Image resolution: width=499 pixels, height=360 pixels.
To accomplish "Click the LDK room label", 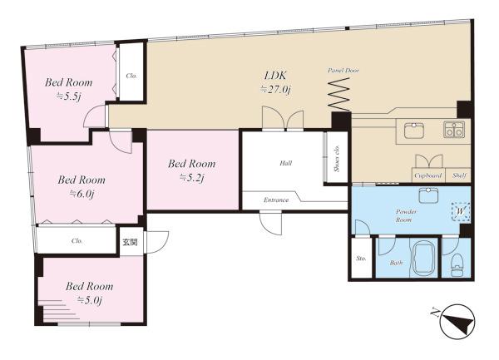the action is (275, 76).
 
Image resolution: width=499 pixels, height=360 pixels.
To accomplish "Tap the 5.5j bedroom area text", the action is (70, 96).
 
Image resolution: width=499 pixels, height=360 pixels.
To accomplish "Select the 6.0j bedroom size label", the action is (82, 194).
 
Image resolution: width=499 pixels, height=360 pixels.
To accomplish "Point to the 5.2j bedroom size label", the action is (191, 177).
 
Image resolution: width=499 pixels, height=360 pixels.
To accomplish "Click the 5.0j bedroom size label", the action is (90, 300).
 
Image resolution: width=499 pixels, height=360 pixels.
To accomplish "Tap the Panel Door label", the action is (343, 71).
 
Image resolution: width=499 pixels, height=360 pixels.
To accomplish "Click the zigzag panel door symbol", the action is (339, 94).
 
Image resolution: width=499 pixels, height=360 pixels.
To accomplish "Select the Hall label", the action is (286, 163).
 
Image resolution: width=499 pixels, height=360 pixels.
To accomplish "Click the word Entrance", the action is (276, 200).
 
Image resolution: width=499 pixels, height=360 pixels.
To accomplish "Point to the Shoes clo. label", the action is (337, 158).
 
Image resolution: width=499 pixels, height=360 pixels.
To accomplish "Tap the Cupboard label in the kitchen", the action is (428, 175).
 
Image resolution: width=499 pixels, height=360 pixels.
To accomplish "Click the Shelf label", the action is (460, 175).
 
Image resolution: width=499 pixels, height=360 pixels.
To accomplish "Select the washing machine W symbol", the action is (461, 211).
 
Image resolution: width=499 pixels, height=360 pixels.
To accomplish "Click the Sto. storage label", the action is (361, 259).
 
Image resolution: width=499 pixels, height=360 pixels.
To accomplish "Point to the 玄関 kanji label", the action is (131, 242).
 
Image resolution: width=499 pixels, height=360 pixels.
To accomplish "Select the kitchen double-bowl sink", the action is (454, 130).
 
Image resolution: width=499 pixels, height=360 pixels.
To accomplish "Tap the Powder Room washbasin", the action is (428, 195).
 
